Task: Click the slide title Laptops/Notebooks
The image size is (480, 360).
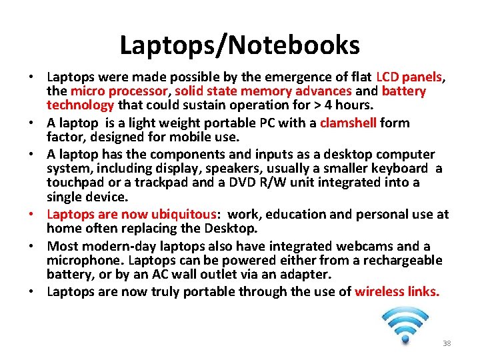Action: tap(240, 45)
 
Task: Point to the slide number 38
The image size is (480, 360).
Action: tap(447, 343)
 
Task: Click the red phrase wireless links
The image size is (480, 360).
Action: tap(397, 291)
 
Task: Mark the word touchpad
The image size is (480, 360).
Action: tap(73, 182)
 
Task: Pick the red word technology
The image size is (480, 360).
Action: tap(81, 105)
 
